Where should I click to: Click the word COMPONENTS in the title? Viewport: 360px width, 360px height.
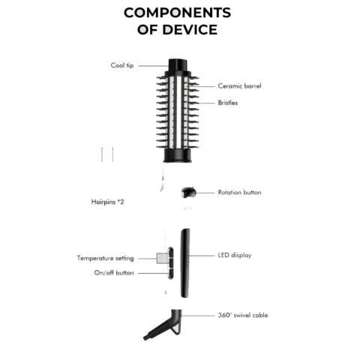[x=177, y=13]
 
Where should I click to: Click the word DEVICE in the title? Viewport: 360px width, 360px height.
[x=190, y=29]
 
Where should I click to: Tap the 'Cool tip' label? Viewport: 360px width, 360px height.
[x=122, y=65]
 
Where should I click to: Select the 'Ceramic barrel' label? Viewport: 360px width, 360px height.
[x=239, y=86]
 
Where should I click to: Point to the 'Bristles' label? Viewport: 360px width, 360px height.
[x=228, y=103]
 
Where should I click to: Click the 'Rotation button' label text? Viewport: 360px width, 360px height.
[x=239, y=193]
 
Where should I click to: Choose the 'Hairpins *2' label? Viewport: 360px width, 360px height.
[x=107, y=202]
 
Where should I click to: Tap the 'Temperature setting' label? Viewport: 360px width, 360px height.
[x=105, y=258]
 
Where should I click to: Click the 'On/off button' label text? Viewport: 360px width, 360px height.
[x=114, y=273]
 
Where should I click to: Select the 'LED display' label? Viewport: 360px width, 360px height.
[x=235, y=255]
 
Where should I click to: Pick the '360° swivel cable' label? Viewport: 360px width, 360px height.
[x=243, y=315]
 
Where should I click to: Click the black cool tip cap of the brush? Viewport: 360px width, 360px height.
[x=178, y=65]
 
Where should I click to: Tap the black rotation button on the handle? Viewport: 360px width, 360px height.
[x=188, y=193]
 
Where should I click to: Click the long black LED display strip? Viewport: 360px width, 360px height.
[x=185, y=263]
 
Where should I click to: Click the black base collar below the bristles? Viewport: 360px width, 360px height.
[x=178, y=155]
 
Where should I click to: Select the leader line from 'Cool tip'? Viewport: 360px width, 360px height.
[x=154, y=66]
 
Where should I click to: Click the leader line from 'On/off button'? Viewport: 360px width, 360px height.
[x=154, y=273]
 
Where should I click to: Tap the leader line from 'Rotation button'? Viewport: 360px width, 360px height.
[x=205, y=193]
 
